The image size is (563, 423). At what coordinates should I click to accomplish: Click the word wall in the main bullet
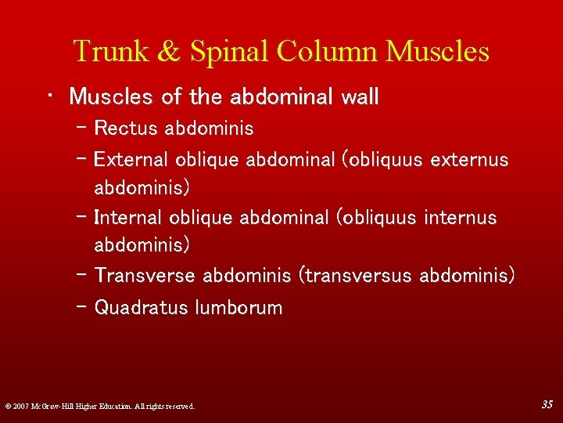pyautogui.click(x=360, y=97)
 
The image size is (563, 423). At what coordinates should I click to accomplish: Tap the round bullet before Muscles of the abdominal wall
pyautogui.click(x=49, y=96)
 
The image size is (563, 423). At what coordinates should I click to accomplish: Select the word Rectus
pyautogui.click(x=125, y=128)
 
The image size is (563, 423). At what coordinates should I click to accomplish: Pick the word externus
pyautogui.click(x=469, y=160)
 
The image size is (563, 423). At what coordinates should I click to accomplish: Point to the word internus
pyautogui.click(x=459, y=217)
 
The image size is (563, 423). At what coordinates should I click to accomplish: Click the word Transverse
pyautogui.click(x=145, y=276)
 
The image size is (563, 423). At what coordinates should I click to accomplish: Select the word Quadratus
pyautogui.click(x=141, y=308)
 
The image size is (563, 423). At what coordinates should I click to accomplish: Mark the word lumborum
pyautogui.click(x=238, y=308)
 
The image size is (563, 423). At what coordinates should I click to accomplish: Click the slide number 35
pyautogui.click(x=547, y=404)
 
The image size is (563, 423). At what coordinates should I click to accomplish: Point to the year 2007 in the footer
pyautogui.click(x=21, y=407)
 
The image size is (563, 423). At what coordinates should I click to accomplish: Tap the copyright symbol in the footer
pyautogui.click(x=7, y=407)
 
